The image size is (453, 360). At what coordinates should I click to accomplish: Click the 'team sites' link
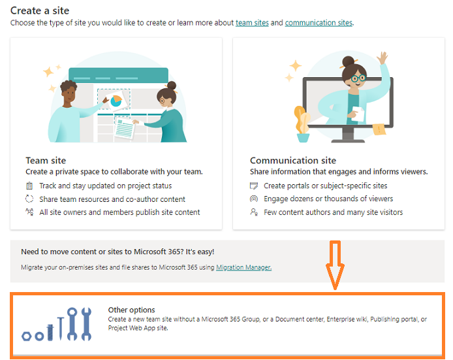tap(252, 23)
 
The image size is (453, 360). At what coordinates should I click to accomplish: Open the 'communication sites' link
tap(319, 23)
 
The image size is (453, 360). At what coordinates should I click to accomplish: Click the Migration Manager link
tap(244, 267)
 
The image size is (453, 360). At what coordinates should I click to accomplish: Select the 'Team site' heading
tap(46, 161)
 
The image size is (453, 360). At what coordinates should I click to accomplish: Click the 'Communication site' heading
tap(293, 161)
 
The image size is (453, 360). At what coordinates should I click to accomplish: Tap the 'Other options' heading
tap(131, 310)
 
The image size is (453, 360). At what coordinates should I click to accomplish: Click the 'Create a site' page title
tap(40, 10)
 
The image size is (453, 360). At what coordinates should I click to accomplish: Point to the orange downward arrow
tap(335, 265)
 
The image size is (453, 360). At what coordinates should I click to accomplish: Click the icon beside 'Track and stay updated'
tap(29, 186)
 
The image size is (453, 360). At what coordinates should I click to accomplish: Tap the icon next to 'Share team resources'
tap(29, 199)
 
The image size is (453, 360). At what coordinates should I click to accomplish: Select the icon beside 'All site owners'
tap(29, 212)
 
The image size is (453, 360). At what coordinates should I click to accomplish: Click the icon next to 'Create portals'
tap(254, 186)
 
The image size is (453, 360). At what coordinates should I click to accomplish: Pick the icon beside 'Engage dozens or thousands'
tap(254, 199)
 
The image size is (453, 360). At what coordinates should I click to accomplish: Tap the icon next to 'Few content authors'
tap(254, 212)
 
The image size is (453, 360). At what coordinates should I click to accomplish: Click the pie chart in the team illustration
tap(116, 101)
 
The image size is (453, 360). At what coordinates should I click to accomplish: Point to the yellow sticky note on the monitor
tap(379, 129)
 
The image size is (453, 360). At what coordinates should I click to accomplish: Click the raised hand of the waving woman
tap(383, 58)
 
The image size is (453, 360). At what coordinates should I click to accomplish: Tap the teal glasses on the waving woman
tap(358, 78)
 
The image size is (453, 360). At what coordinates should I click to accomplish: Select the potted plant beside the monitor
tap(302, 124)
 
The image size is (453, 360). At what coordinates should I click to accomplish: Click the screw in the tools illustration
tap(50, 333)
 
